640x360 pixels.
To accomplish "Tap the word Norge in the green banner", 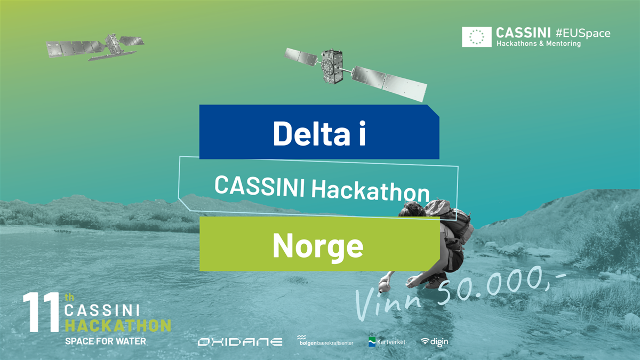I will coord(318,246).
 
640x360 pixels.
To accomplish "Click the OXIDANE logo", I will coord(240,342).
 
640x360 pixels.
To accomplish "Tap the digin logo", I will coord(434,342).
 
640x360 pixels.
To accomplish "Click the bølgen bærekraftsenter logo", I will coord(325,341).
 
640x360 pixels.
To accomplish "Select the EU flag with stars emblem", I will coord(476,37).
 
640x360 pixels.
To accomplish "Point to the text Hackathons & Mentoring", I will coord(539,44).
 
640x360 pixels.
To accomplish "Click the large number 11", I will coord(41,313).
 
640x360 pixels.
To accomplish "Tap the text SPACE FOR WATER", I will coord(105,341).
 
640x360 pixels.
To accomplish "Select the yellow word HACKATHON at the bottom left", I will coord(118,325).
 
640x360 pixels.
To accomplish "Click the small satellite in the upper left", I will coord(95,47).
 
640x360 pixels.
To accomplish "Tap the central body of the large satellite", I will coord(332,68).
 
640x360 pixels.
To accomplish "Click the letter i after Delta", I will coord(361,133).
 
